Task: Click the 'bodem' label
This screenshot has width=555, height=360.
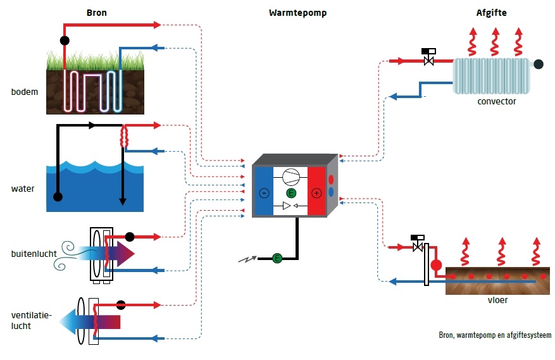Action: pyautogui.click(x=25, y=92)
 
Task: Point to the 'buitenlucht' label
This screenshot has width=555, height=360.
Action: pyautogui.click(x=34, y=254)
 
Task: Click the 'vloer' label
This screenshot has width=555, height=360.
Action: pyautogui.click(x=498, y=300)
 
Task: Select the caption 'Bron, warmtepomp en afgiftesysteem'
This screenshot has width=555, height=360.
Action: pyautogui.click(x=495, y=335)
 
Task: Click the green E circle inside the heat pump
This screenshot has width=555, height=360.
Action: pyautogui.click(x=290, y=192)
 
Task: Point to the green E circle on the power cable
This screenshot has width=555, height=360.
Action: pyautogui.click(x=277, y=258)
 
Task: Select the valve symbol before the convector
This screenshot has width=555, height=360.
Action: pyautogui.click(x=428, y=58)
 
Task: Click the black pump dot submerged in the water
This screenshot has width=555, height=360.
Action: pyautogui.click(x=58, y=197)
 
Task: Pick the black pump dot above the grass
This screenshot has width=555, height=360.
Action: pyautogui.click(x=65, y=40)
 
